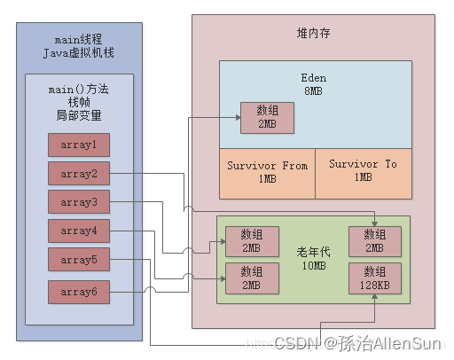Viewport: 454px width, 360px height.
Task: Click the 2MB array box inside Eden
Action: [266, 117]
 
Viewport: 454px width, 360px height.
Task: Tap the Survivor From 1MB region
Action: [267, 172]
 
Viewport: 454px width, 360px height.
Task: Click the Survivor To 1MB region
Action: [364, 172]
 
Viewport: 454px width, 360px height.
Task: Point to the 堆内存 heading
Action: [315, 32]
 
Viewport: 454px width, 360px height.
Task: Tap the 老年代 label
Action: [314, 251]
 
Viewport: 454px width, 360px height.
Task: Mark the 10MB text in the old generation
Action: [314, 265]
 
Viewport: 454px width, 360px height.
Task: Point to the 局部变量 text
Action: [79, 116]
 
